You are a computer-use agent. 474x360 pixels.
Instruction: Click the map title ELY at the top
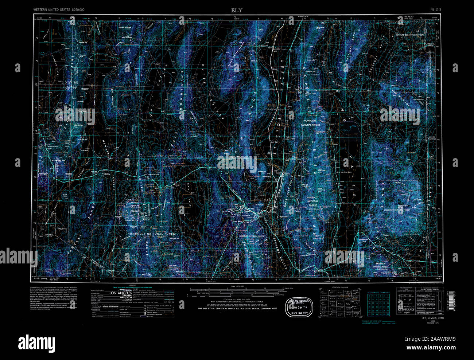coord(236,10)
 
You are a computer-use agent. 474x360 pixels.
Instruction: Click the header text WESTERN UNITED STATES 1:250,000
coord(59,10)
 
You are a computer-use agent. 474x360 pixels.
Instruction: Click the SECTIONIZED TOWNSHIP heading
coord(378,293)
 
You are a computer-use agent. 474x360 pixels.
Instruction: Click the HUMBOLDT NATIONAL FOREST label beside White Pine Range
coord(152,234)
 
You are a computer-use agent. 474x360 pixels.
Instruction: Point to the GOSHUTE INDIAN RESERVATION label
coord(410,35)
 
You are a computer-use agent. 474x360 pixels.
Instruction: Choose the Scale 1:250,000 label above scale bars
coord(237,286)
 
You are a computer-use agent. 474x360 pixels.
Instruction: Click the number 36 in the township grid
coord(388,314)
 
